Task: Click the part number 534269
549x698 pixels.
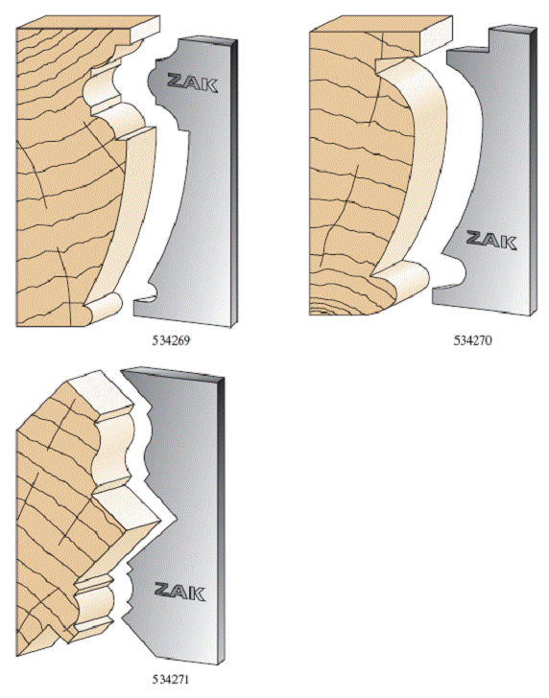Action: point(171,340)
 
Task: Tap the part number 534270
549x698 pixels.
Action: point(473,340)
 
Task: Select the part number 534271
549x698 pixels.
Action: point(171,679)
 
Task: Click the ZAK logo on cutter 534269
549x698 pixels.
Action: point(192,81)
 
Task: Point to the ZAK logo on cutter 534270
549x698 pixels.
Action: point(491,240)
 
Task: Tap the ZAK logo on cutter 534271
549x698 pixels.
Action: point(180,591)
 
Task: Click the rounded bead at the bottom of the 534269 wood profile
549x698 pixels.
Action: point(104,307)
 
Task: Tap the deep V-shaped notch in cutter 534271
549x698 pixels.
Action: point(166,520)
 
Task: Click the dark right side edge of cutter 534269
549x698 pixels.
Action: point(235,182)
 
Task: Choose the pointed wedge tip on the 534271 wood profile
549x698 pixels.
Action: point(160,519)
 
